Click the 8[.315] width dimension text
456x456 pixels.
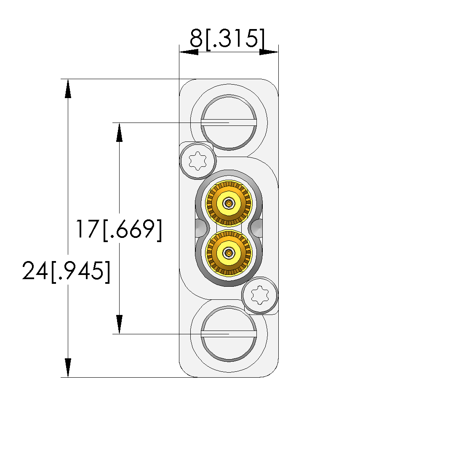point(227,38)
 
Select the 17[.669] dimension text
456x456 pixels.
point(119,230)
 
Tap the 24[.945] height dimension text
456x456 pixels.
point(66,271)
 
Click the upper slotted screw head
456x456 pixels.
point(229,123)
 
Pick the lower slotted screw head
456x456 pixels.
point(229,333)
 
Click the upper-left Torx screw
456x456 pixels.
point(198,160)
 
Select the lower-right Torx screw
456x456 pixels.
point(260,295)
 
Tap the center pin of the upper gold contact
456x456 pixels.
point(229,203)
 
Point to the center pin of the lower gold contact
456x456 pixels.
point(229,253)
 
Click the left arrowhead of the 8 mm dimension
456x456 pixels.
point(189,52)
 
